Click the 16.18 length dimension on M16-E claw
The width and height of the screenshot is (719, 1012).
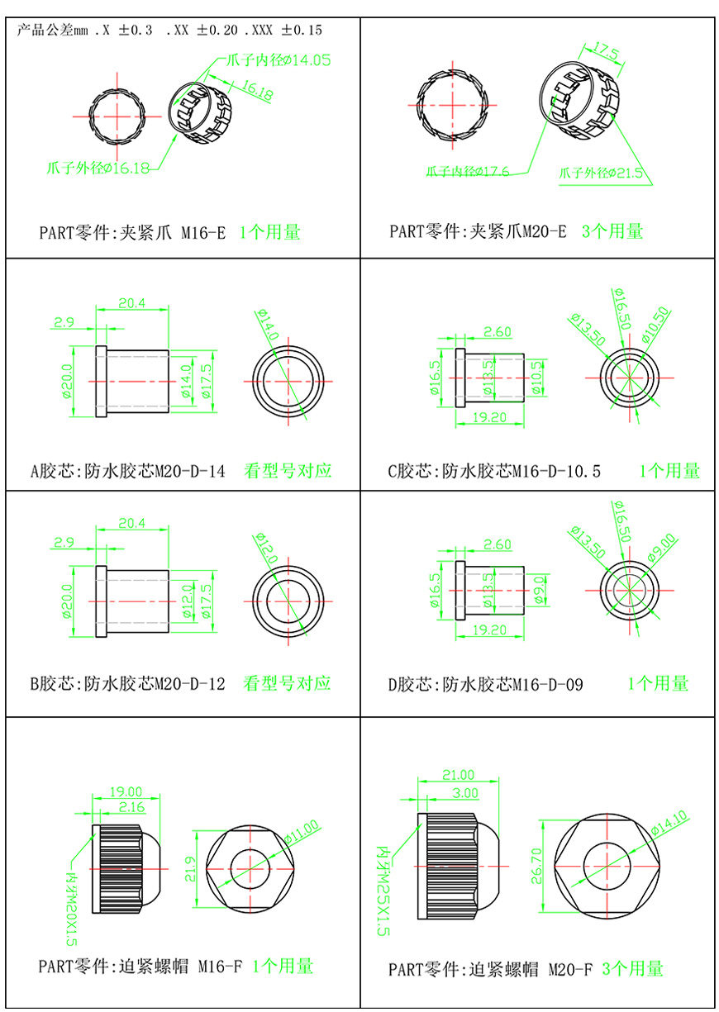pos(259,90)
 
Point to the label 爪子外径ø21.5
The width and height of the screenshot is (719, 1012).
pos(601,173)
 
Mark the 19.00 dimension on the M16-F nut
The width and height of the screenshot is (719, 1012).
pos(126,791)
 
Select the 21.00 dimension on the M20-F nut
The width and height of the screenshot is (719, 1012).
pos(459,775)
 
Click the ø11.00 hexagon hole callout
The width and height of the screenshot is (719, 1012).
pos(302,830)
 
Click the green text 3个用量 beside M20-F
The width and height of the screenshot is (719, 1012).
pos(632,968)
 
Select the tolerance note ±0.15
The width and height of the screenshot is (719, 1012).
pos(302,31)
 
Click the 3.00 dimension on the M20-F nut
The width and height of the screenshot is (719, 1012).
pos(465,792)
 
